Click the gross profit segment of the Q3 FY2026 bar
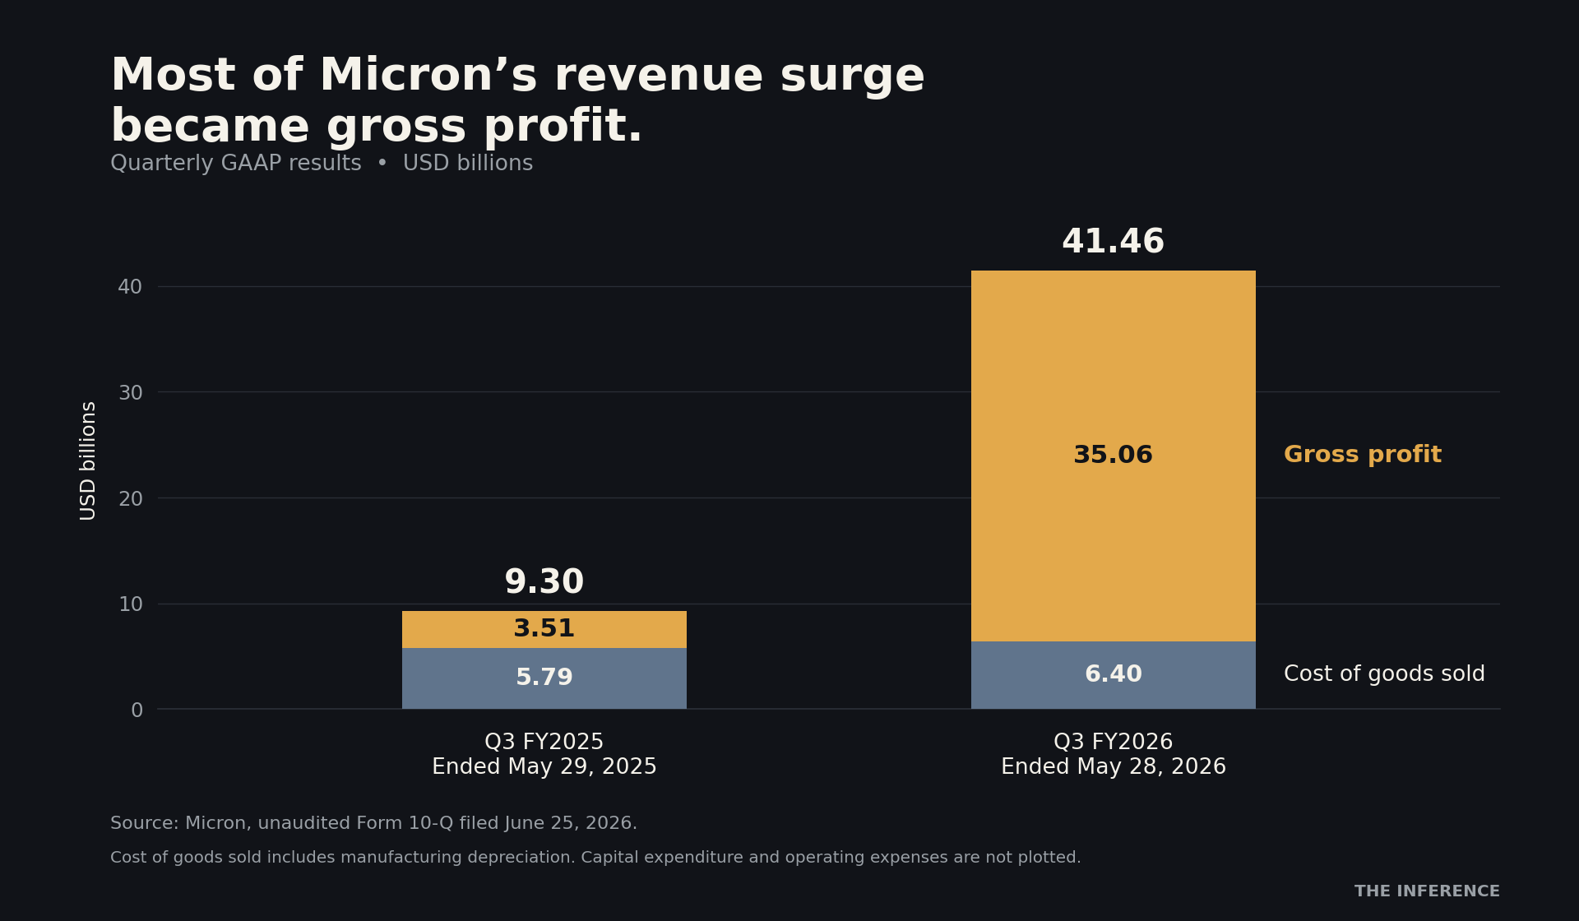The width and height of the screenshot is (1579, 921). pyautogui.click(x=1113, y=370)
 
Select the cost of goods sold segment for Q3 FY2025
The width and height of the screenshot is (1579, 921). pyautogui.click(x=544, y=678)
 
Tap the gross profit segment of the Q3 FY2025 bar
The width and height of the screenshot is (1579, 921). pyautogui.click(x=544, y=629)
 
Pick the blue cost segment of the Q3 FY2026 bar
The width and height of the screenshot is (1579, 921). pyautogui.click(x=1113, y=675)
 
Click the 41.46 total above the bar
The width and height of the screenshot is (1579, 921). pyautogui.click(x=1113, y=243)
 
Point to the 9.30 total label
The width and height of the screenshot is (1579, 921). pyautogui.click(x=544, y=583)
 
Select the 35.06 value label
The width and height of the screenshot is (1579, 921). pyautogui.click(x=1113, y=456)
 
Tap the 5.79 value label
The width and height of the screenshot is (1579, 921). pyautogui.click(x=544, y=678)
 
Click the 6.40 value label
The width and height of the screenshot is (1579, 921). pyautogui.click(x=1113, y=675)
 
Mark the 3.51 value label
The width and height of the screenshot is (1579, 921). pyautogui.click(x=544, y=629)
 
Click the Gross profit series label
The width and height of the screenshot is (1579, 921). pyautogui.click(x=1363, y=456)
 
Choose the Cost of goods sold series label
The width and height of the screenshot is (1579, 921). pyautogui.click(x=1384, y=675)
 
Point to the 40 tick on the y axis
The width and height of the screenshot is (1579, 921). pyautogui.click(x=130, y=287)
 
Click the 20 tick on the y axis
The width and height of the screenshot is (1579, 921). pyautogui.click(x=130, y=499)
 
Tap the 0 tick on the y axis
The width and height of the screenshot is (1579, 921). pyautogui.click(x=137, y=710)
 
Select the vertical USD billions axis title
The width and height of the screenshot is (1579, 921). pyautogui.click(x=88, y=460)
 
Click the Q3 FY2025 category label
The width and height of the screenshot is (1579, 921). pyautogui.click(x=544, y=743)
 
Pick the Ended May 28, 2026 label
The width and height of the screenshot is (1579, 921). pyautogui.click(x=1113, y=767)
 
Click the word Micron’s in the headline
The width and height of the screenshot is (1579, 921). pyautogui.click(x=428, y=76)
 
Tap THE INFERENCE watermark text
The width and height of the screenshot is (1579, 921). pyautogui.click(x=1427, y=891)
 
